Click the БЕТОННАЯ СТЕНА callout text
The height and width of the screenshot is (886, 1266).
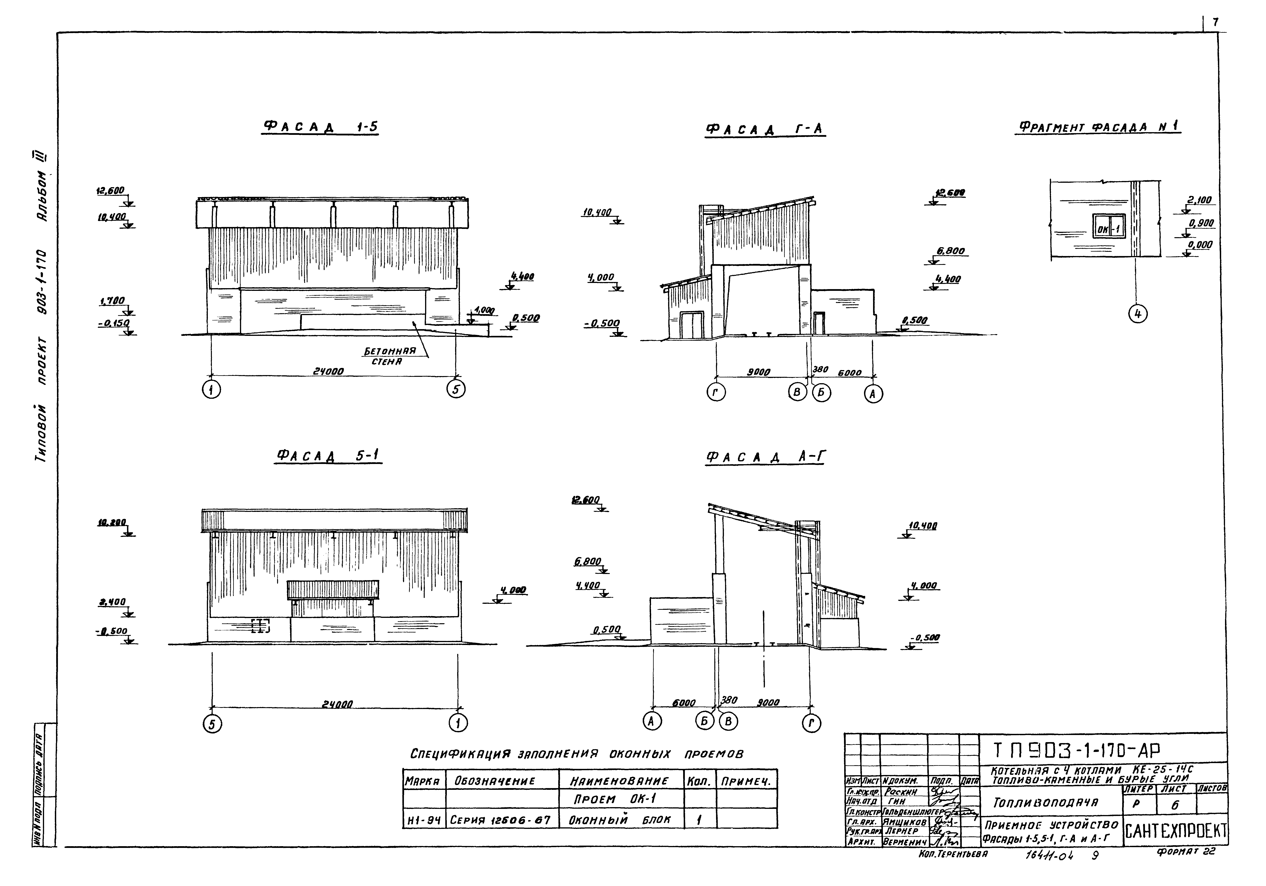389,356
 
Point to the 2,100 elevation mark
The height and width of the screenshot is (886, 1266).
1199,200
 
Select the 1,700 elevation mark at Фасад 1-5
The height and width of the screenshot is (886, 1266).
112,301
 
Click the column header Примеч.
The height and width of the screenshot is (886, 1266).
747,781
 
